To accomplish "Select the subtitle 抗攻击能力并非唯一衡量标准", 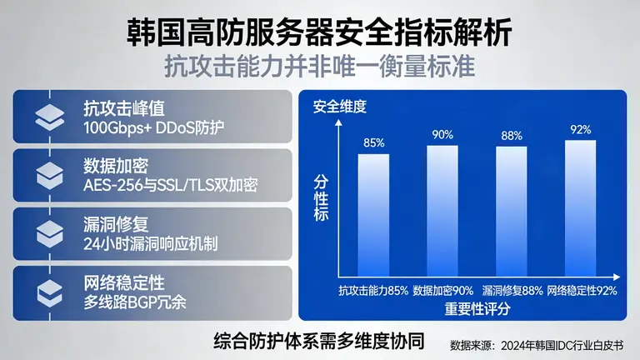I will click(320, 64).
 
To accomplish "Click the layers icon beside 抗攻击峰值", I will click(50, 118).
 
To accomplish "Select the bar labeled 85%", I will click(373, 215).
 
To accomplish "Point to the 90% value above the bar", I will click(442, 135).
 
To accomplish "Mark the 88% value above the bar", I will click(512, 136).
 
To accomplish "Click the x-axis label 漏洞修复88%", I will click(512, 291).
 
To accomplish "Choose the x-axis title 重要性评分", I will click(477, 308).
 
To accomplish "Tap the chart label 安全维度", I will click(339, 107).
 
